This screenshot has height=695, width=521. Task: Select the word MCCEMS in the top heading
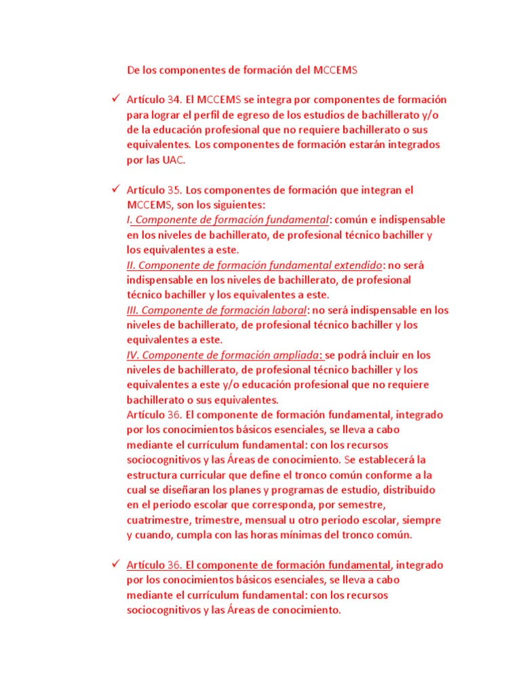point(336,70)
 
